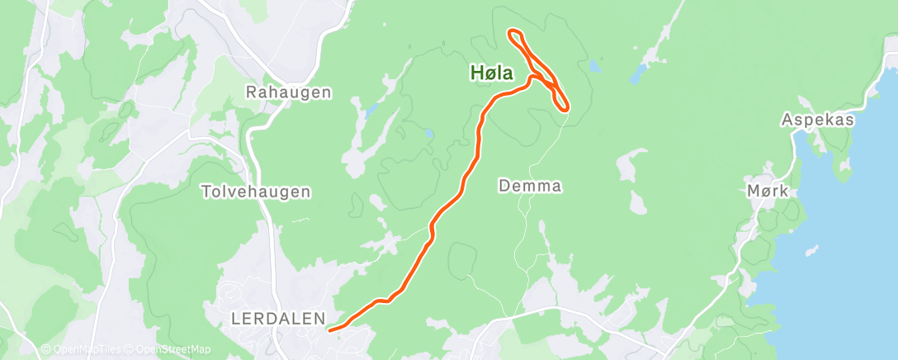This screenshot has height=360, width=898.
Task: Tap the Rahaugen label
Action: (x=289, y=92)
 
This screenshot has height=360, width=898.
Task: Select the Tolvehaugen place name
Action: (x=256, y=192)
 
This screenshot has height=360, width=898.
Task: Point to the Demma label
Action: (x=530, y=187)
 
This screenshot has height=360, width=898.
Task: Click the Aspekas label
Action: (x=817, y=121)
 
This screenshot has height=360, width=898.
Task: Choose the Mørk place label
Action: (x=768, y=191)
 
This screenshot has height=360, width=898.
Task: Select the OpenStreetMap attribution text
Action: (x=175, y=350)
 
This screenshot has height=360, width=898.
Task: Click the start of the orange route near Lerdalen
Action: (x=331, y=330)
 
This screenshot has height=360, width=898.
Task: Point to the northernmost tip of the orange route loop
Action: (x=513, y=32)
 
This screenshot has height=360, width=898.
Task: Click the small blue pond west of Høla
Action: (x=428, y=132)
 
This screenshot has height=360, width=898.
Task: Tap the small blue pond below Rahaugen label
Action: (x=371, y=108)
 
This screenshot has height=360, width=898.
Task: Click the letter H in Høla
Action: (x=476, y=73)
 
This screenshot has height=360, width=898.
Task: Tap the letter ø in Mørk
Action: (x=763, y=191)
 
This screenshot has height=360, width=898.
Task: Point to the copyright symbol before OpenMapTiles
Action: (x=46, y=350)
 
